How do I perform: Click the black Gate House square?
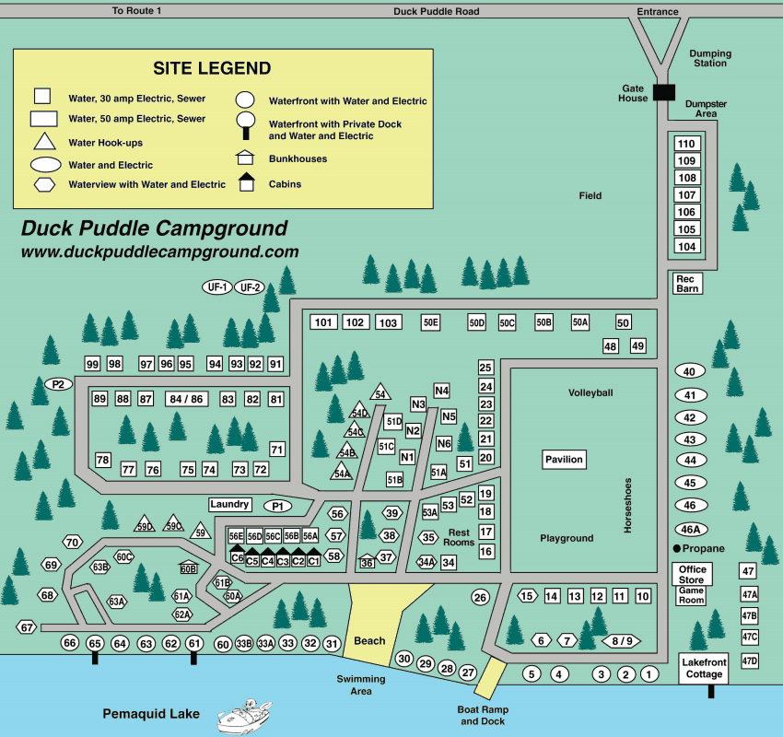(x=663, y=92)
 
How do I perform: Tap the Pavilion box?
(x=564, y=459)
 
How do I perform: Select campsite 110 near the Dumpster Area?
(x=686, y=144)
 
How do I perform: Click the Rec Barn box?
(x=688, y=283)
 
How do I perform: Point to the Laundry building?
(x=229, y=504)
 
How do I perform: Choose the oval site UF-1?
(x=217, y=287)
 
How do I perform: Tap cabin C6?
(x=237, y=557)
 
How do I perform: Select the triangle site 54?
(x=380, y=392)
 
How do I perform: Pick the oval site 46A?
(x=690, y=529)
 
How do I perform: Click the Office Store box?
(x=692, y=574)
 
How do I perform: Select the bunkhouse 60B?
(x=188, y=567)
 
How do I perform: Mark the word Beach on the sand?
(x=369, y=640)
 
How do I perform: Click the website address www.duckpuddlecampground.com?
(x=159, y=251)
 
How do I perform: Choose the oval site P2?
(x=57, y=383)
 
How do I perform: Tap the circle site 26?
(x=479, y=597)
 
